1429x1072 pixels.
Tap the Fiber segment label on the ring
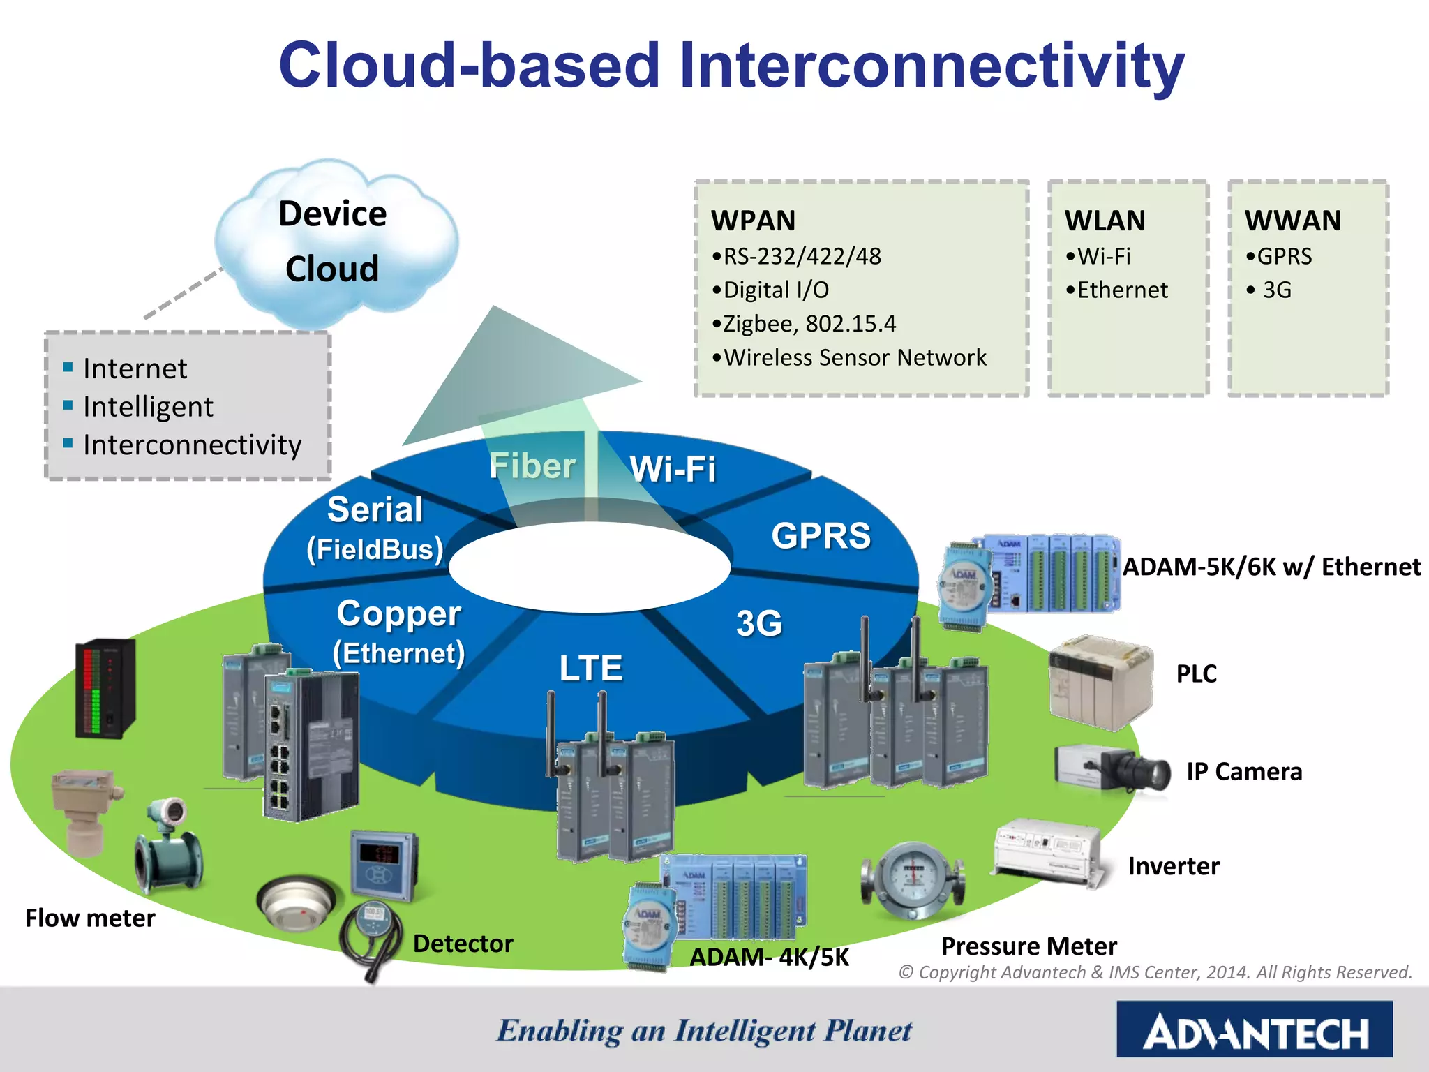(532, 466)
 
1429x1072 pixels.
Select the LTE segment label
(590, 668)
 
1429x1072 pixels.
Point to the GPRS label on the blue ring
(821, 536)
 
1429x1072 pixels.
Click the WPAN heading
(753, 221)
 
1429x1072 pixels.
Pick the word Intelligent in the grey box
(148, 407)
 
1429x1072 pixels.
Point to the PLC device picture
(1100, 682)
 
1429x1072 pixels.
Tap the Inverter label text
(1173, 866)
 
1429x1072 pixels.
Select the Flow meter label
(90, 918)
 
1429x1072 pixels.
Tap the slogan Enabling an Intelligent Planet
(703, 1032)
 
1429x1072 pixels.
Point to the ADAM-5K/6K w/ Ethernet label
(1271, 567)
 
